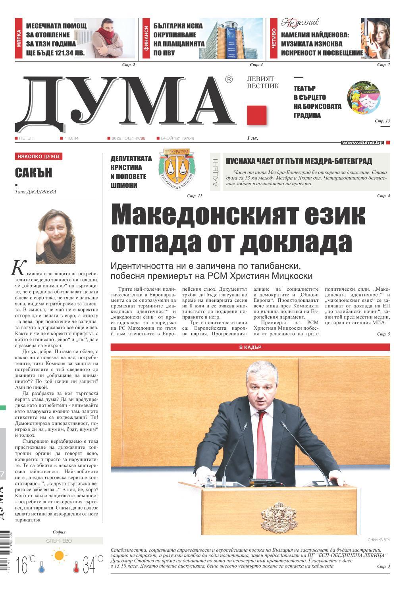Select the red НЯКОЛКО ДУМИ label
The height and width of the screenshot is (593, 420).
pyautogui.click(x=39, y=156)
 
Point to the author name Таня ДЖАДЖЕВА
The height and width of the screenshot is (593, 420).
pyautogui.click(x=35, y=192)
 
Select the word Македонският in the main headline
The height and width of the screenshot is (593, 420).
pyautogui.click(x=198, y=217)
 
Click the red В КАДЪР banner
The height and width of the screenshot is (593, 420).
pyautogui.click(x=250, y=347)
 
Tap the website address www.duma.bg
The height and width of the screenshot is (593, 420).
pyautogui.click(x=362, y=142)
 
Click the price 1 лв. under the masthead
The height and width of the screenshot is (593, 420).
pyautogui.click(x=253, y=138)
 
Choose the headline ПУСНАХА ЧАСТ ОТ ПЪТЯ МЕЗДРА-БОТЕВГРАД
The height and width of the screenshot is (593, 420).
pyautogui.click(x=299, y=161)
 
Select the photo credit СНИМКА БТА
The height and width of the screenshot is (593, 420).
pyautogui.click(x=379, y=539)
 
